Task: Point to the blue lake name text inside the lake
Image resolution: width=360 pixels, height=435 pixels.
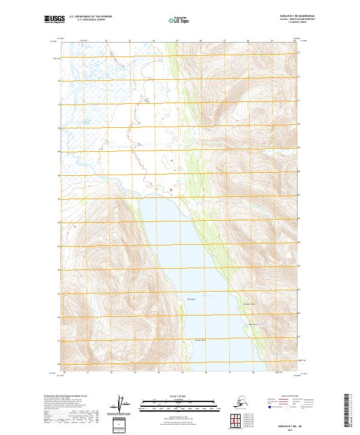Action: [208, 296]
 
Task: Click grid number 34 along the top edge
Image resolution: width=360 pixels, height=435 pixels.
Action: [153, 41]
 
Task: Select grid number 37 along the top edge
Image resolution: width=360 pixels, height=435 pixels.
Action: [224, 41]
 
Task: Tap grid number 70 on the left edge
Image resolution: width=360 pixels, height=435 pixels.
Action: [59, 128]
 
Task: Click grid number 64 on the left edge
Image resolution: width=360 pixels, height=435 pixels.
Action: [59, 269]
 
